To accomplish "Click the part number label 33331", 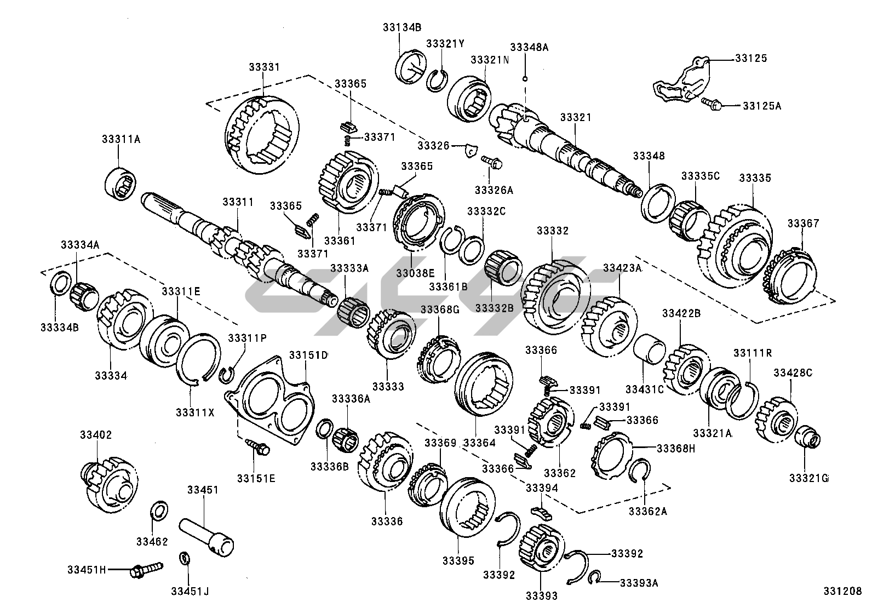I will click(263, 67).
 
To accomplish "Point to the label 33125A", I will click(761, 106).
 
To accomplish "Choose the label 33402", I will click(96, 435).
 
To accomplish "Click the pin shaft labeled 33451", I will click(206, 535).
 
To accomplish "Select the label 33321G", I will click(808, 478).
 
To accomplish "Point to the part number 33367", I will click(803, 223).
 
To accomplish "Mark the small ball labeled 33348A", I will click(525, 79).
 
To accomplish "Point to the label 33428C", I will click(793, 372).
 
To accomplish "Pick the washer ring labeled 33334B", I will click(59, 283).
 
